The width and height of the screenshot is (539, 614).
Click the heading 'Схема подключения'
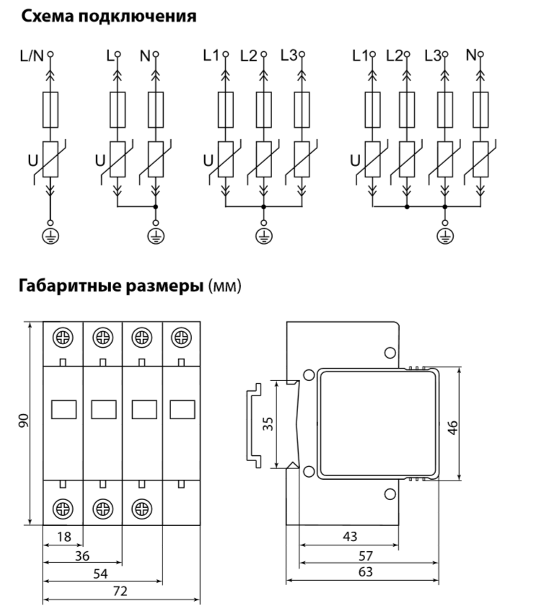pyautogui.click(x=108, y=16)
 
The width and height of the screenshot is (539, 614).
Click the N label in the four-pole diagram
pyautogui.click(x=471, y=55)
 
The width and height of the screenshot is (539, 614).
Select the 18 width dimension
pyautogui.click(x=63, y=538)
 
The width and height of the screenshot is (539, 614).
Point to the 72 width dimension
pyautogui.click(x=120, y=591)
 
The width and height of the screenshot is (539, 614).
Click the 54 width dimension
pyautogui.click(x=102, y=574)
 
